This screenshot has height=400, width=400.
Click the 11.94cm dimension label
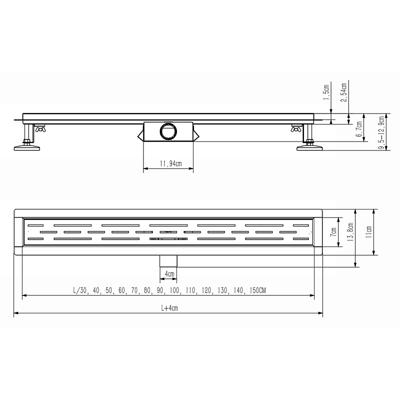pyautogui.click(x=170, y=163)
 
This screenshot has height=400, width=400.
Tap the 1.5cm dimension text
pyautogui.click(x=326, y=92)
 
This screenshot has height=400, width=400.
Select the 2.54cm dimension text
pyautogui.click(x=344, y=92)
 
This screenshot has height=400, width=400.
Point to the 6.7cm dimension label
pyautogui.click(x=359, y=129)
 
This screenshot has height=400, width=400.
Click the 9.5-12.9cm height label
pyautogui.click(x=382, y=133)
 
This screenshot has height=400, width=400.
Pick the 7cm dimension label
pyautogui.click(x=333, y=231)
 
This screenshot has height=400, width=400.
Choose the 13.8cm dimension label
pyautogui.click(x=350, y=232)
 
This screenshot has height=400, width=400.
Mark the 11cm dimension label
pyautogui.click(x=368, y=232)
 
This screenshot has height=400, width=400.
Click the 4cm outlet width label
pyautogui.click(x=169, y=274)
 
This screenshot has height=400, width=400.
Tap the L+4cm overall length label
pyautogui.click(x=169, y=308)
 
